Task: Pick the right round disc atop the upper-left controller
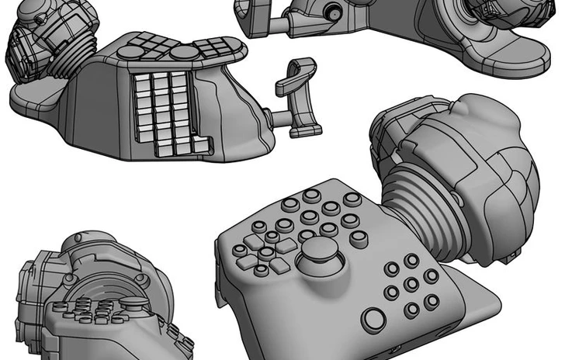click(x=183, y=52)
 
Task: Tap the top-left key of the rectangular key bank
click(x=143, y=80)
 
